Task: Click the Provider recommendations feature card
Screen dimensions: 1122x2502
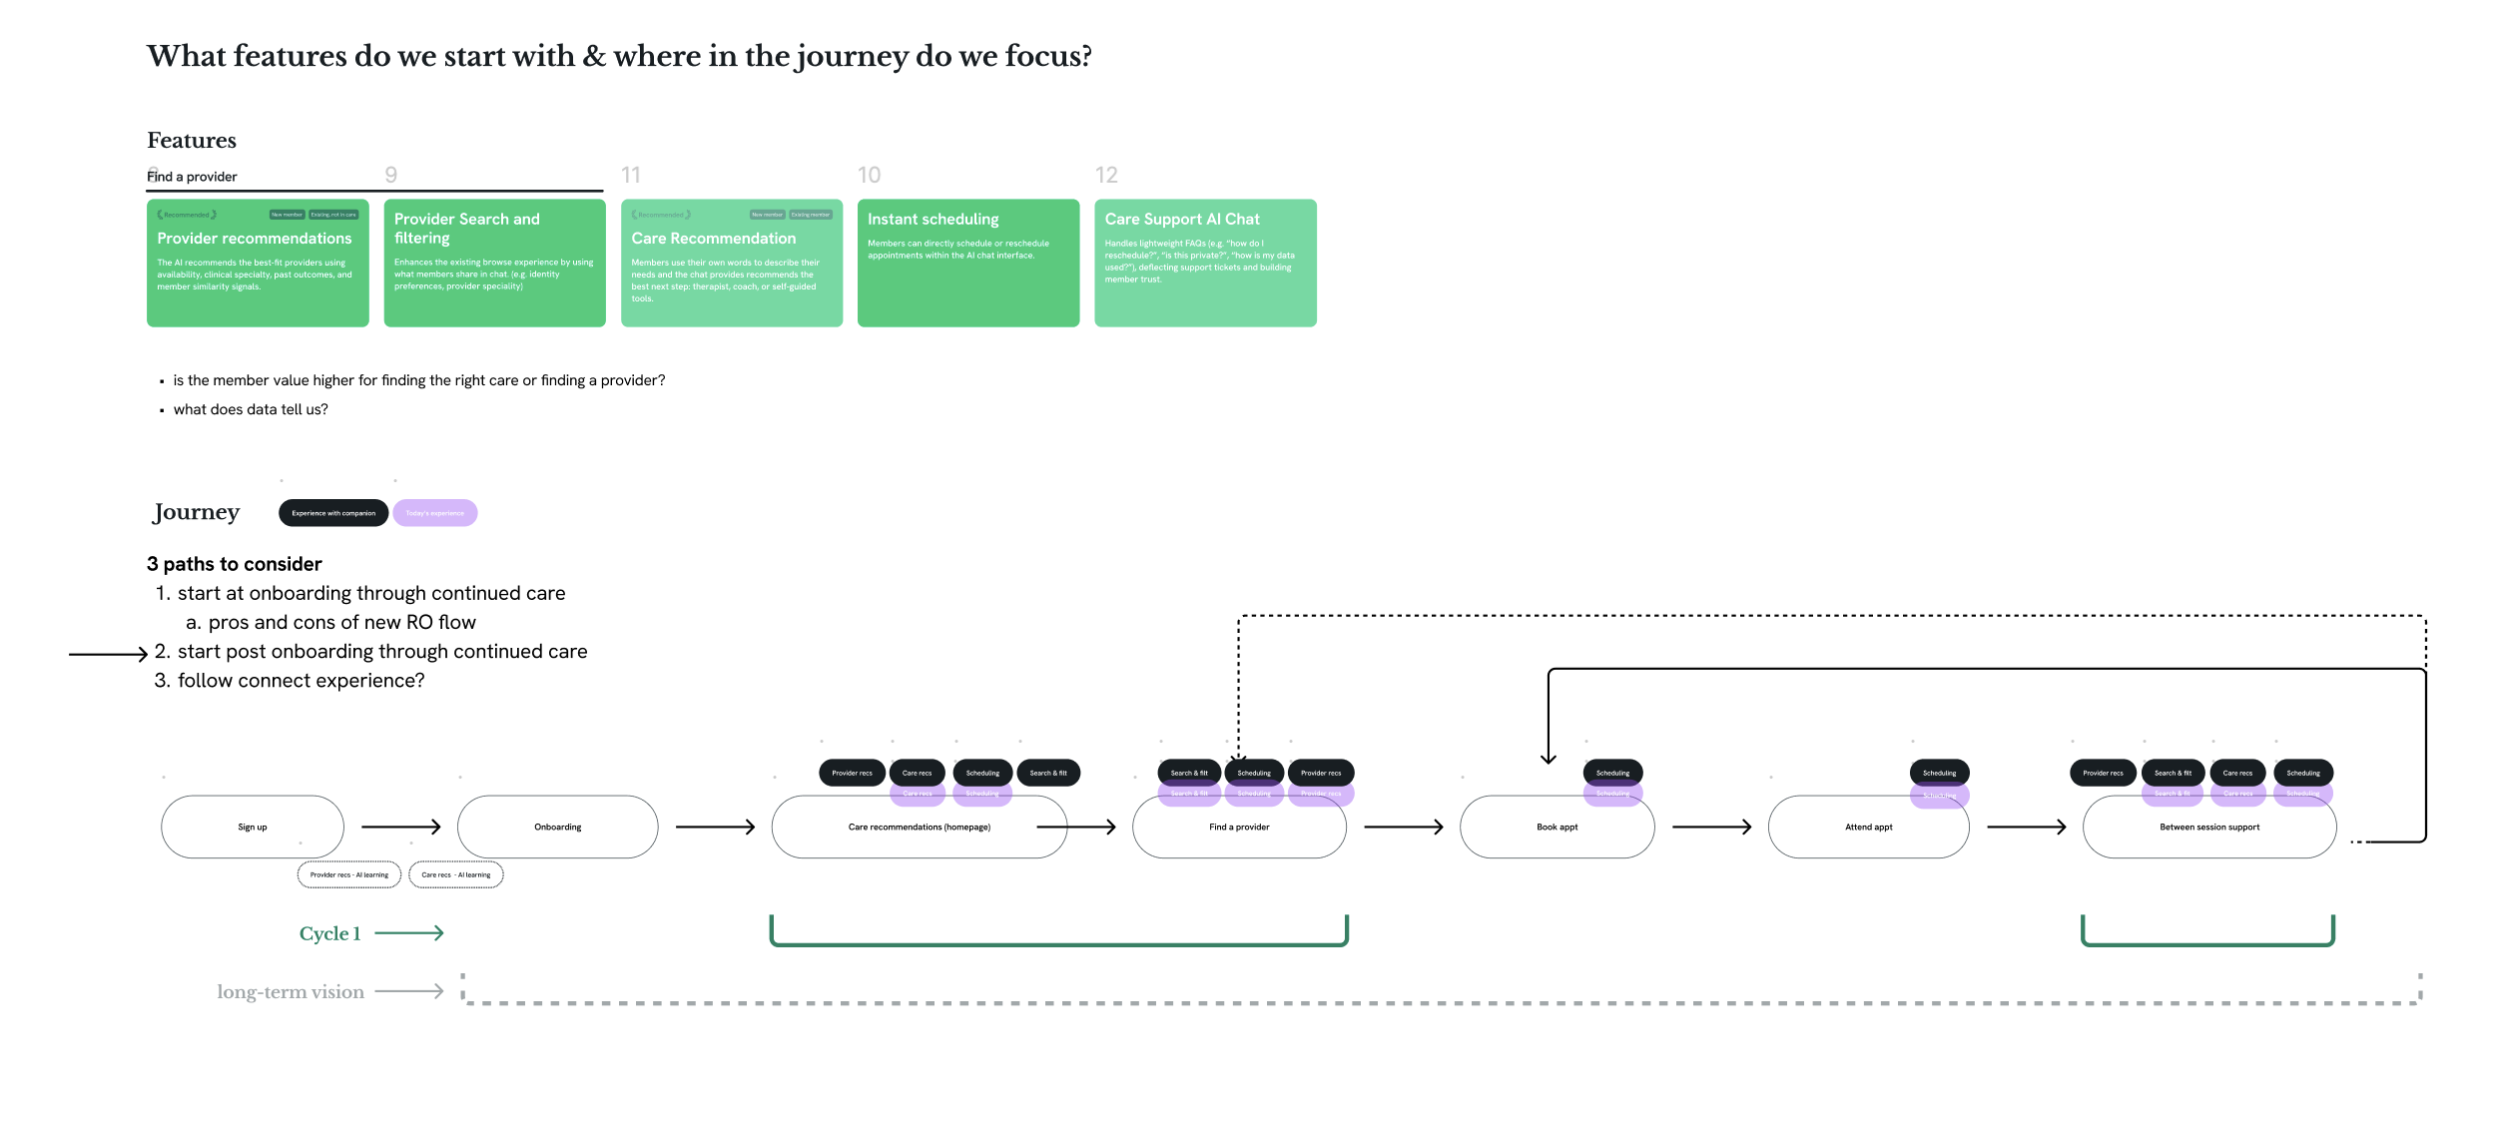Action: [258, 263]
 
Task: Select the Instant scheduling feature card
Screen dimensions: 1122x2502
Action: [967, 263]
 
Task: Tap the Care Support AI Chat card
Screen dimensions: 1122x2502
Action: [1204, 263]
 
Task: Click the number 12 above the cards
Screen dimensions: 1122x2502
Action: [1105, 176]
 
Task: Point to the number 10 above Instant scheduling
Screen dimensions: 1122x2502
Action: [869, 176]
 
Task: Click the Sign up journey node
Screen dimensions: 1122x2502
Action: [253, 827]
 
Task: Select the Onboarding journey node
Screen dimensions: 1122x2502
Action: [557, 827]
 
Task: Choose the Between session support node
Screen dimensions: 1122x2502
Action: [2208, 827]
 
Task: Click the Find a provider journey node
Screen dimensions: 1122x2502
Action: [1238, 827]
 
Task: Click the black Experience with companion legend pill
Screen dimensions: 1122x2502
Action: [333, 513]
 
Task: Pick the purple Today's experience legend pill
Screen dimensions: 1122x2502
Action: [434, 513]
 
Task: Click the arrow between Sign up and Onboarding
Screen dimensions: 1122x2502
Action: [400, 827]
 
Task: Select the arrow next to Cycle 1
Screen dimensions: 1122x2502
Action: [408, 933]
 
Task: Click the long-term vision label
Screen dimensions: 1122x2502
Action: [291, 992]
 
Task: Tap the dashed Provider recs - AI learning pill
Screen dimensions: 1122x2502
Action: [349, 874]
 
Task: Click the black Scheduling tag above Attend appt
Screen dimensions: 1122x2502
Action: [1938, 773]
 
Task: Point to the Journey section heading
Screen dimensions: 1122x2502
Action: [197, 512]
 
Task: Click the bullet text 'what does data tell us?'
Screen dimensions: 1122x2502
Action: [251, 409]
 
